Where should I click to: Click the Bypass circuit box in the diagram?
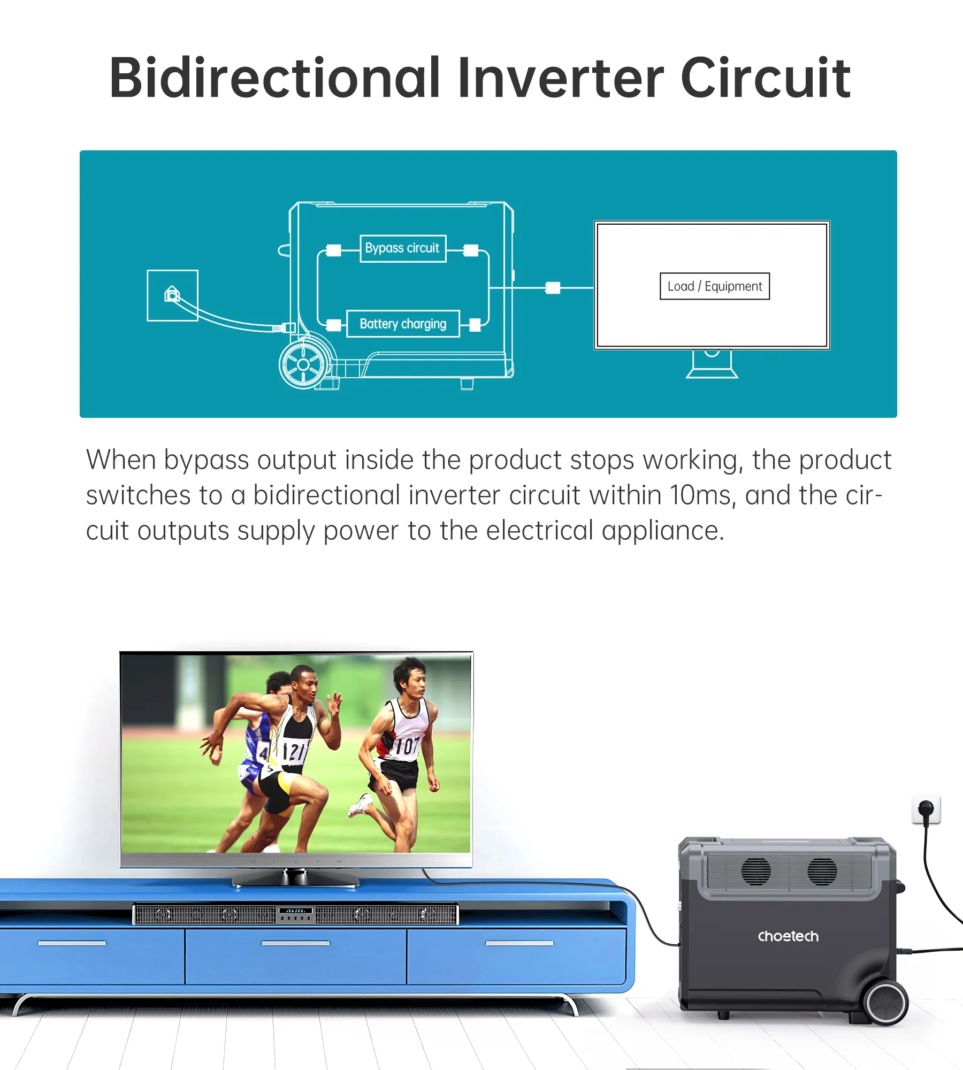click(403, 248)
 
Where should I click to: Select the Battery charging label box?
click(403, 324)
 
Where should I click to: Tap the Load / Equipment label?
click(715, 286)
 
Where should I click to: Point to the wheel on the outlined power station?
click(303, 365)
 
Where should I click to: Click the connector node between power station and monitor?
click(553, 288)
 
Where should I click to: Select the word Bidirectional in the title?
click(274, 78)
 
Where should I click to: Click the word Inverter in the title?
click(561, 78)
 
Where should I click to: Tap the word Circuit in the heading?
click(766, 78)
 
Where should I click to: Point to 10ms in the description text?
click(700, 495)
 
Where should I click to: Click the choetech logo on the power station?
click(788, 936)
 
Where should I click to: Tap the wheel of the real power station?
click(886, 1002)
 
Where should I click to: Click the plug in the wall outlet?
click(926, 809)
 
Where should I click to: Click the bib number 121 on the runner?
click(295, 751)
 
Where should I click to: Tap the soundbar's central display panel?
click(296, 914)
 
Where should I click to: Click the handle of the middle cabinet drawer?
click(296, 943)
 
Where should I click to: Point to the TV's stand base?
click(295, 880)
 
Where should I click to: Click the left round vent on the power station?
click(756, 872)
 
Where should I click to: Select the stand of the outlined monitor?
click(712, 364)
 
